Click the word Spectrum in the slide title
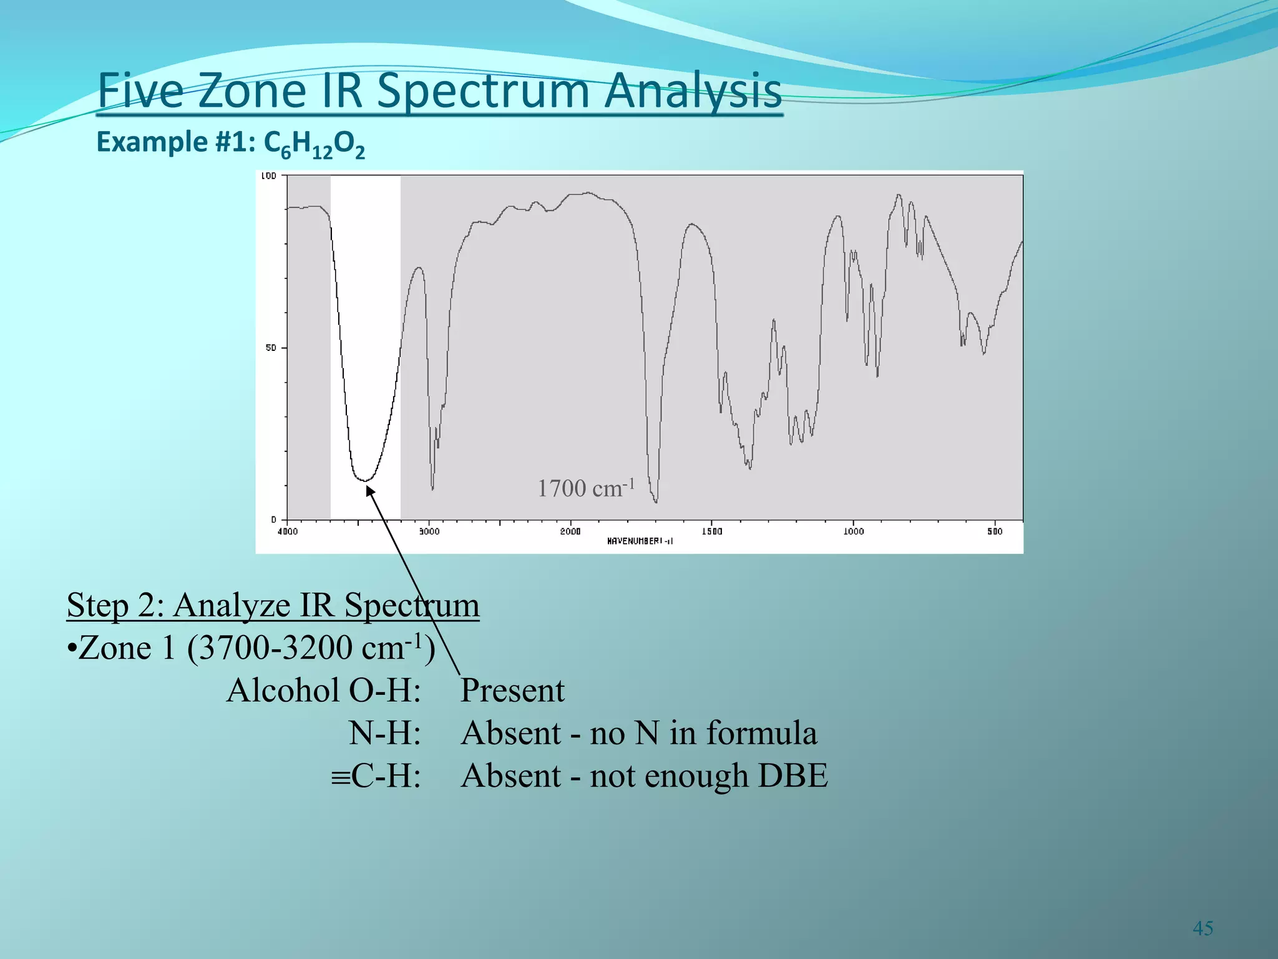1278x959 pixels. click(484, 92)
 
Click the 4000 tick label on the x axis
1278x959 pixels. click(288, 531)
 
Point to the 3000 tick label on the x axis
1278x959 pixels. click(429, 531)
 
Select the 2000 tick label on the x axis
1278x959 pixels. click(570, 531)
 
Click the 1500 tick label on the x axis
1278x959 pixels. click(712, 531)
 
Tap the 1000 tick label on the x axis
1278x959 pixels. click(854, 531)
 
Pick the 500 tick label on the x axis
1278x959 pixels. click(995, 531)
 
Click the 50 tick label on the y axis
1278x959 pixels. click(271, 348)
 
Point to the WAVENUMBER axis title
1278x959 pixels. click(640, 541)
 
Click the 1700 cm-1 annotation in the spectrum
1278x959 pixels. click(585, 488)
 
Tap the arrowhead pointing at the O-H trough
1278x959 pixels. click(370, 491)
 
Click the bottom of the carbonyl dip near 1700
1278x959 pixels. click(655, 501)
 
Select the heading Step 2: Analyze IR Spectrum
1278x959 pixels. click(273, 605)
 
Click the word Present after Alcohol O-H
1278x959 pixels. click(512, 691)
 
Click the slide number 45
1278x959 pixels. click(1202, 928)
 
